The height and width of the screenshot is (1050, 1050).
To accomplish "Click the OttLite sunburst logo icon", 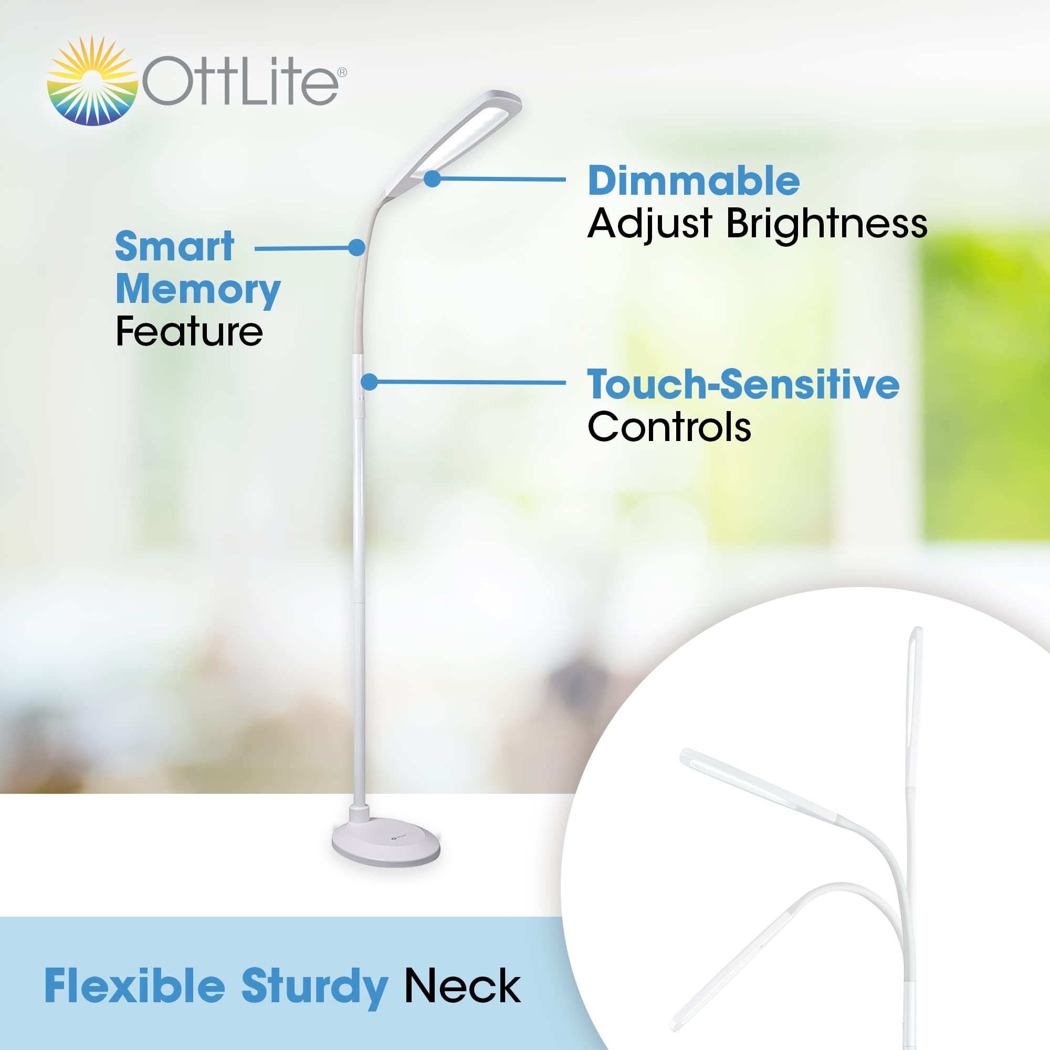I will tap(91, 81).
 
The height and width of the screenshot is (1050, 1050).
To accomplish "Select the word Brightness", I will tap(826, 223).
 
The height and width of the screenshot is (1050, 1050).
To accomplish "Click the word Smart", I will tap(174, 247).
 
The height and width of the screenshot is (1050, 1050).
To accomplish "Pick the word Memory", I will tap(198, 290).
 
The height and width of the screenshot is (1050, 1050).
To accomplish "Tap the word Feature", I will tap(189, 331).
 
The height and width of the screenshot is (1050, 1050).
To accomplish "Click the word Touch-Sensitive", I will tap(743, 385).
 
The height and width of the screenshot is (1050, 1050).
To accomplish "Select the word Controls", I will tap(669, 427).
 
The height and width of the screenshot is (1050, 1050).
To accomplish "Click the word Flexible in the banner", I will tap(134, 986).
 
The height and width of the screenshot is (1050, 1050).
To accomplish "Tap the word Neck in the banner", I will tap(463, 986).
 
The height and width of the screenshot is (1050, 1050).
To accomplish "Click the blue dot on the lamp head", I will tap(432, 178).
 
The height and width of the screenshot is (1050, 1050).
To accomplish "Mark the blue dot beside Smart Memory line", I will tap(356, 248).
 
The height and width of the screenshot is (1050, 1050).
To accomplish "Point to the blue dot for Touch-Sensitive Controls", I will tap(370, 382).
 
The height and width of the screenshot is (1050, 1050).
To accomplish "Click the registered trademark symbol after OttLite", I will tap(342, 72).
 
